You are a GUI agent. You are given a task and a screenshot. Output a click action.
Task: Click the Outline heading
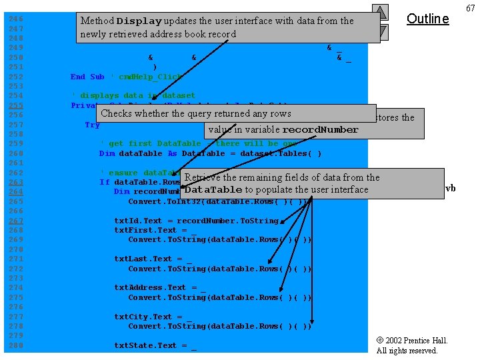[427, 19]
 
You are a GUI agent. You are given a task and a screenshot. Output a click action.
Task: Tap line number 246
[15, 19]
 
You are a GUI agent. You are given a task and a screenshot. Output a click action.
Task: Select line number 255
[15, 105]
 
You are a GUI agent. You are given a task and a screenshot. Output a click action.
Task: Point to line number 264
[15, 191]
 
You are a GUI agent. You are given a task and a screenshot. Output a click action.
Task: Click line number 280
[15, 345]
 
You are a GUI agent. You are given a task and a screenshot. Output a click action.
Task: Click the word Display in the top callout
[139, 21]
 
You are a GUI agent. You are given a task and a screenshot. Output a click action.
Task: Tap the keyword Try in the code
[92, 125]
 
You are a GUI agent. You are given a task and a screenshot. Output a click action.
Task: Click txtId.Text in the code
[138, 221]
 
